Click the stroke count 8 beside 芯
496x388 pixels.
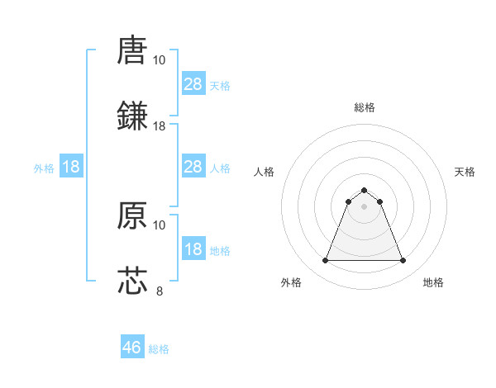[x=160, y=290]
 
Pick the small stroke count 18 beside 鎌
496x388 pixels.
[x=160, y=125]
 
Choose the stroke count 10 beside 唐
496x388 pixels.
[x=160, y=60]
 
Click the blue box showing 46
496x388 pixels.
[x=132, y=348]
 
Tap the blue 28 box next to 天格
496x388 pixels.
[x=193, y=83]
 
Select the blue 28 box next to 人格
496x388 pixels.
[x=193, y=167]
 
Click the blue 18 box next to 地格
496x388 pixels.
[x=193, y=249]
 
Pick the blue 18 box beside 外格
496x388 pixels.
[x=71, y=167]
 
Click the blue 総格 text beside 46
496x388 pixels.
[x=159, y=349]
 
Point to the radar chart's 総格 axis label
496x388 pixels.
[x=364, y=107]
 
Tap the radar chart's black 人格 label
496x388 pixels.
[x=265, y=172]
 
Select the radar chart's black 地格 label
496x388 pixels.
[x=433, y=282]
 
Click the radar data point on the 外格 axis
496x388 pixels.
[x=325, y=261]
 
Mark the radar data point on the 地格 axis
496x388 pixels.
[x=403, y=261]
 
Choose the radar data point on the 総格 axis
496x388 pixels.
[x=364, y=190]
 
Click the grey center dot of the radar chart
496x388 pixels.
[x=364, y=206]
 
